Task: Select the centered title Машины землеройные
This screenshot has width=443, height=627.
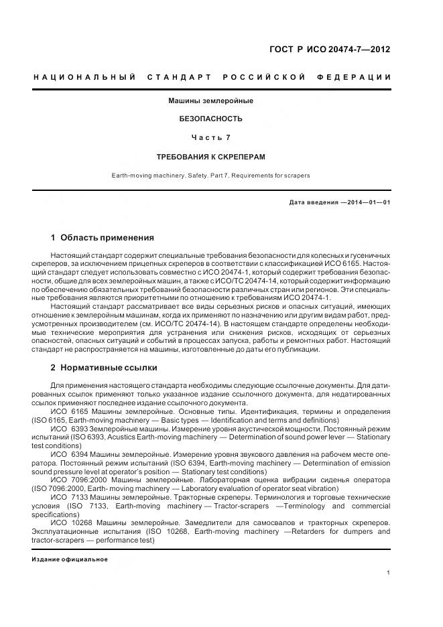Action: tap(210, 100)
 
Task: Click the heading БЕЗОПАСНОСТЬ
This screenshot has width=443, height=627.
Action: tap(210, 119)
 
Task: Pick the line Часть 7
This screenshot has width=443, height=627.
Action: tap(210, 137)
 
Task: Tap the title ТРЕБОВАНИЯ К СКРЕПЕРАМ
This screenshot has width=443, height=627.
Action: tap(210, 157)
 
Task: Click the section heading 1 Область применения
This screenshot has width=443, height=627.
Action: tap(102, 238)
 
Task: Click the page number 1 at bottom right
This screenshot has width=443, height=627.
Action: tap(389, 572)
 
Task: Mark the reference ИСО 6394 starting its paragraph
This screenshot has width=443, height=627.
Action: tap(70, 454)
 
